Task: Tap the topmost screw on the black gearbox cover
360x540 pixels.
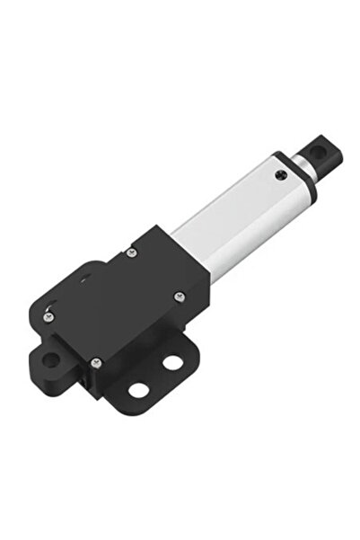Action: [132, 253]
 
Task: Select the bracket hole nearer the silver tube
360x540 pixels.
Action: [171, 363]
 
